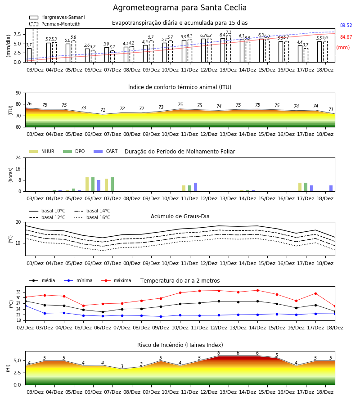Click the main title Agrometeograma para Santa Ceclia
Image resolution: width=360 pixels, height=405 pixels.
tap(180, 8)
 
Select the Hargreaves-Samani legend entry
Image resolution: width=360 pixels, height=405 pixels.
tap(57, 17)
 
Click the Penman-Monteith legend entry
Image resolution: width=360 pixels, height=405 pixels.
tap(55, 24)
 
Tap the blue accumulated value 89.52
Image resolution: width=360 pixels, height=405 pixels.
tap(346, 25)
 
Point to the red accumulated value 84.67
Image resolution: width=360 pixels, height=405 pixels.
tap(346, 37)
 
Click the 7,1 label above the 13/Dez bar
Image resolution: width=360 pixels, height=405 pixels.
tap(229, 32)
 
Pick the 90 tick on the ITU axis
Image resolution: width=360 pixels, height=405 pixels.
tap(18, 93)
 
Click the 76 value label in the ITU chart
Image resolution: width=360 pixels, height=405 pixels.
tap(29, 103)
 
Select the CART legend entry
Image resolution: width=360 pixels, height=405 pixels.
tap(105, 151)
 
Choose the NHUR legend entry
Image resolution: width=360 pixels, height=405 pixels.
tap(42, 151)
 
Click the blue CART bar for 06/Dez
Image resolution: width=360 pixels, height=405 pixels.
tap(99, 186)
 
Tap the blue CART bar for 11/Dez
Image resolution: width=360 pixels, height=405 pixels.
tap(195, 187)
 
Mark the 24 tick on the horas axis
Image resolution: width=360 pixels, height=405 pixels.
tap(18, 157)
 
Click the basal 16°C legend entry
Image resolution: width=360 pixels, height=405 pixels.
tap(92, 217)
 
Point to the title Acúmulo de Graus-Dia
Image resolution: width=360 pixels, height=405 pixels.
tap(180, 216)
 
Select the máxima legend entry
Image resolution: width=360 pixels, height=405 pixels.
tap(116, 280)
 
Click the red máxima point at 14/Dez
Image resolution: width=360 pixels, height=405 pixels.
tap(257, 290)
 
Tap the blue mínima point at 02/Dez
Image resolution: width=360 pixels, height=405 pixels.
tap(25, 306)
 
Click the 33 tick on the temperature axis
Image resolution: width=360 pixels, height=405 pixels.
tap(18, 292)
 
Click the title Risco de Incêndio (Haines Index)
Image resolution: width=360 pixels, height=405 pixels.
tap(180, 345)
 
